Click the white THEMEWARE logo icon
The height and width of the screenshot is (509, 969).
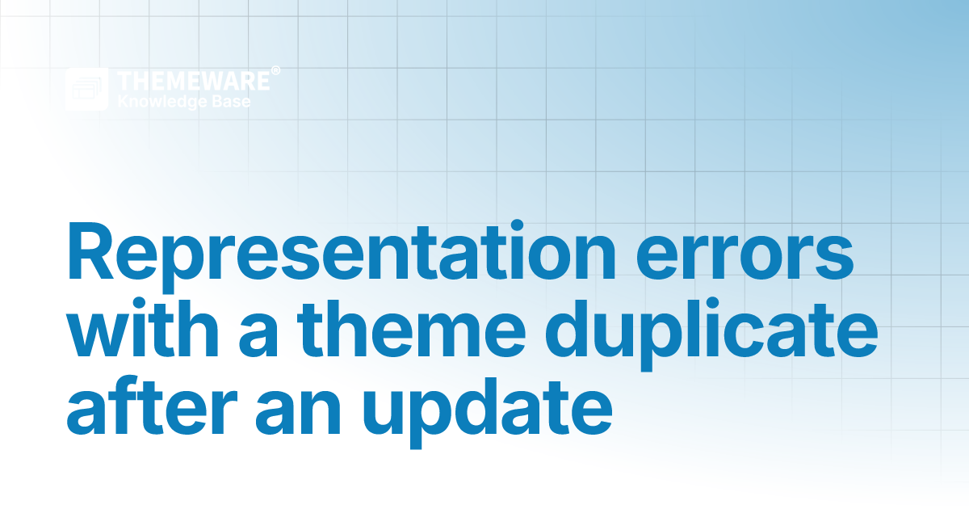point(87,89)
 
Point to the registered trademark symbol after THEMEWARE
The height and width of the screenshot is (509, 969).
point(275,72)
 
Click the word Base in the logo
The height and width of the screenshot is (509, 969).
point(231,102)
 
